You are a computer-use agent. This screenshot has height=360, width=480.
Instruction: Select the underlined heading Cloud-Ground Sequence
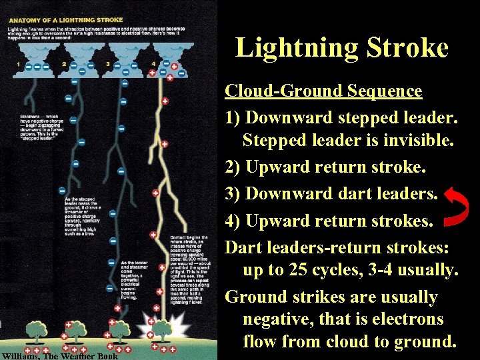click(x=323, y=91)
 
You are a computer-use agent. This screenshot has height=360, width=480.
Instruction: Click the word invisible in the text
click(x=413, y=141)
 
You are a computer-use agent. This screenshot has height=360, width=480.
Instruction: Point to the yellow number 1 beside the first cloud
click(x=19, y=65)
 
